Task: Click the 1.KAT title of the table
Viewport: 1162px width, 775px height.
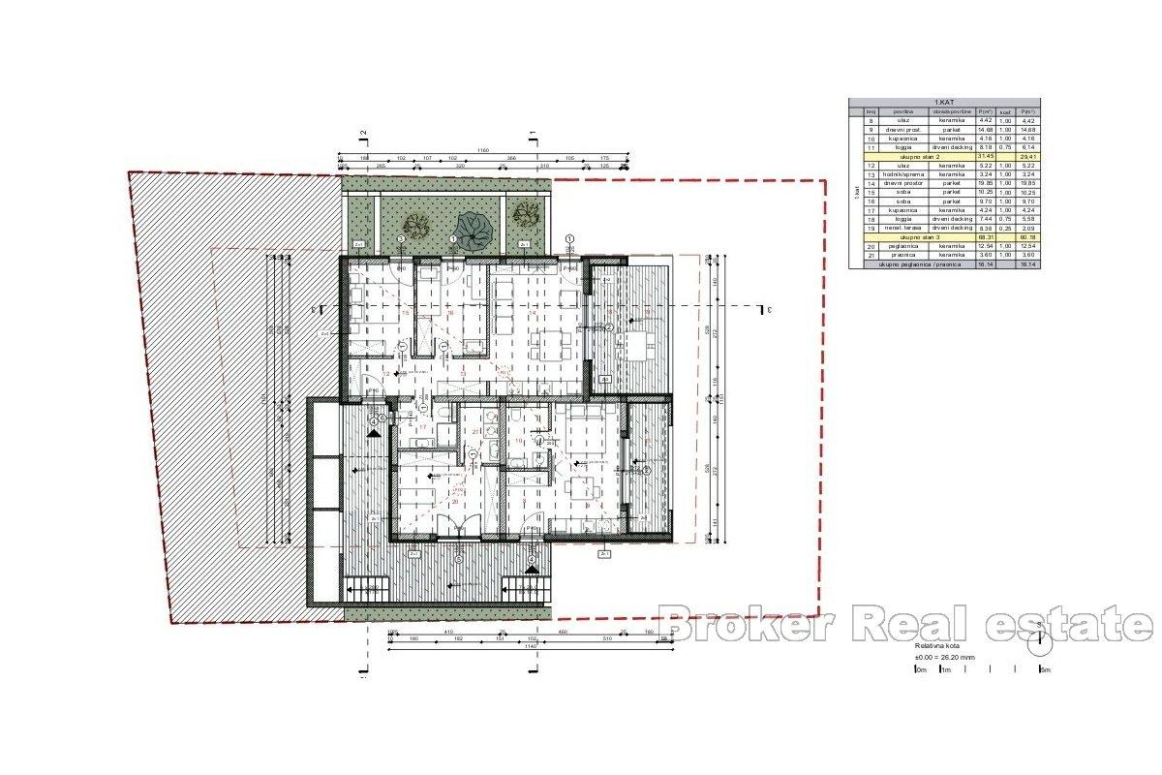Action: pyautogui.click(x=944, y=102)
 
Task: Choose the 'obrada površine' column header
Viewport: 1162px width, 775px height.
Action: pyautogui.click(x=953, y=111)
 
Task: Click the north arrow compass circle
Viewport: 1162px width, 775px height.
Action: pyautogui.click(x=1043, y=638)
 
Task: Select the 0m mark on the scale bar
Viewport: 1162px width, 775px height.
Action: pyautogui.click(x=921, y=670)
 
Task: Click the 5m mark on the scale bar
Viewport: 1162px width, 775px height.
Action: pyautogui.click(x=1045, y=670)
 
